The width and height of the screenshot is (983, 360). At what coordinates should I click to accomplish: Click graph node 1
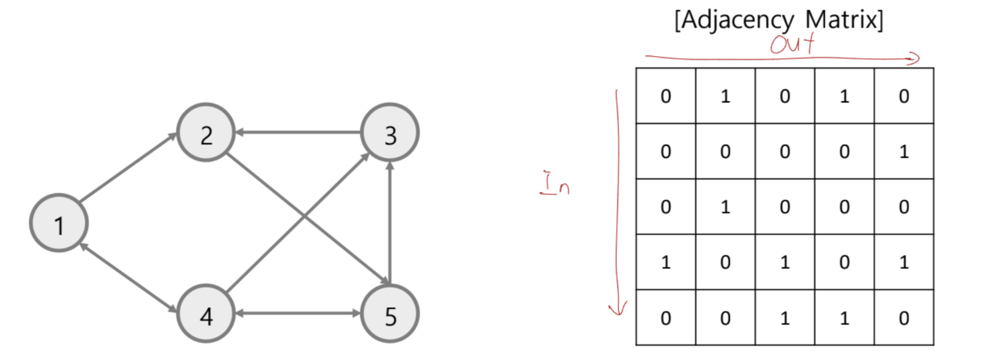click(x=59, y=224)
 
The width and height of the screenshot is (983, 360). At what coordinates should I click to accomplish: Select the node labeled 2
click(x=206, y=133)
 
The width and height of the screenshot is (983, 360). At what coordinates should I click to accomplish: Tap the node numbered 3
click(x=390, y=133)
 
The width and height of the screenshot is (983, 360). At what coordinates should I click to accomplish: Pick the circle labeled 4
click(x=206, y=314)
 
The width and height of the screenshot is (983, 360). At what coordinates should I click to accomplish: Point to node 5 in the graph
click(x=390, y=314)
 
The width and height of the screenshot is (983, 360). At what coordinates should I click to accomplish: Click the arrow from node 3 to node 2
click(x=298, y=132)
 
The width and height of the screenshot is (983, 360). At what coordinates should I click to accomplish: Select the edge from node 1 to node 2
click(x=128, y=167)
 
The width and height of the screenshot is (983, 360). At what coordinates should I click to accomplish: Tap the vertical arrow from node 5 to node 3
click(x=390, y=223)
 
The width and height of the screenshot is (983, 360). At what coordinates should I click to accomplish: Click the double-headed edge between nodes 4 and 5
click(x=298, y=313)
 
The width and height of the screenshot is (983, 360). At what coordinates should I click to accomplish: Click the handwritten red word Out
click(x=792, y=44)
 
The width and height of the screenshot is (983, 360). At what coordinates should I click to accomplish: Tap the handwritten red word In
click(x=555, y=183)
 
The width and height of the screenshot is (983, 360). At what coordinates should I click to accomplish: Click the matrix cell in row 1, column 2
click(x=725, y=96)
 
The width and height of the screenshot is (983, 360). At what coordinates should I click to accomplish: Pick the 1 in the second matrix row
click(x=904, y=152)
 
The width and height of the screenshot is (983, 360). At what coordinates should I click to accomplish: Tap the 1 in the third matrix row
click(x=725, y=207)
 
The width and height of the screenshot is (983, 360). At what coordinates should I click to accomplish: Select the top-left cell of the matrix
click(x=665, y=96)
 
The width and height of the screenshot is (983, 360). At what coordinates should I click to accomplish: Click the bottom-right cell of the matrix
click(x=904, y=318)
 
